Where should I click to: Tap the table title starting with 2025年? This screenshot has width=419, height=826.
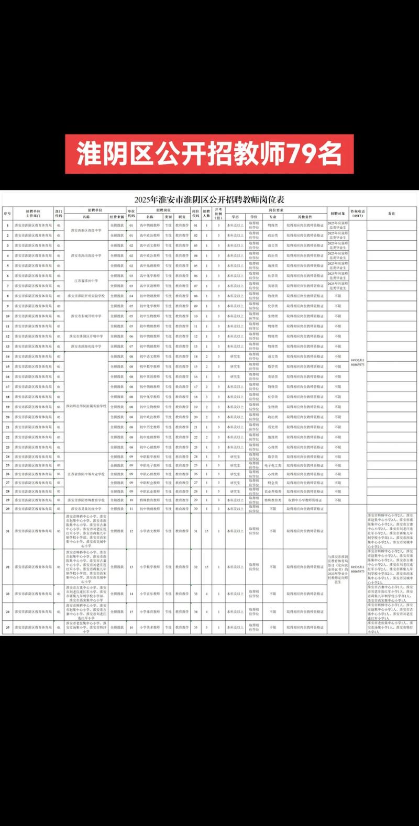click(x=209, y=199)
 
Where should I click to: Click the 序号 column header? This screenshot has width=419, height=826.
click(x=7, y=214)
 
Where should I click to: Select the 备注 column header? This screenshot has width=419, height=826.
click(x=391, y=214)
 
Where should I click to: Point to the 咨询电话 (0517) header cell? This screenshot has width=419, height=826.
click(x=358, y=214)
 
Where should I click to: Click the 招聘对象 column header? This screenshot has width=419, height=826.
click(x=338, y=214)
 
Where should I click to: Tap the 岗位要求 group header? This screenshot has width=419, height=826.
click(x=276, y=210)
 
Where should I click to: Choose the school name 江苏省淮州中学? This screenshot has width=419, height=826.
click(x=86, y=281)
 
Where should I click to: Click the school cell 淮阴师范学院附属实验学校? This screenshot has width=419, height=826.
click(x=86, y=406)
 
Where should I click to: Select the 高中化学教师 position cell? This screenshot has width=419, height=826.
click(x=150, y=276)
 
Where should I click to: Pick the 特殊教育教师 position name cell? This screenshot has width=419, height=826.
click(x=150, y=500)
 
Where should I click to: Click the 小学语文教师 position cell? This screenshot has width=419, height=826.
click(x=150, y=531)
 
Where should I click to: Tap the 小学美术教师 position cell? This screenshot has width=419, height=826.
click(x=150, y=628)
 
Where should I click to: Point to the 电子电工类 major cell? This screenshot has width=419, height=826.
click(x=273, y=465)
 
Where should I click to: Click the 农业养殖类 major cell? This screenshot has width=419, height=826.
click(x=273, y=492)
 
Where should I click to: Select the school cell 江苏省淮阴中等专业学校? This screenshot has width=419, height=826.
click(x=86, y=474)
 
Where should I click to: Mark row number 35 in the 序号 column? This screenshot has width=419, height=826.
click(x=7, y=628)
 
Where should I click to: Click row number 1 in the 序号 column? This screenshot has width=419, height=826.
click(x=7, y=226)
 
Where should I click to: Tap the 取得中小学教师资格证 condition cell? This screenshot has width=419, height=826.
click(x=305, y=500)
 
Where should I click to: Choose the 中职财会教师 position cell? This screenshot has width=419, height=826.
click(x=150, y=483)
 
